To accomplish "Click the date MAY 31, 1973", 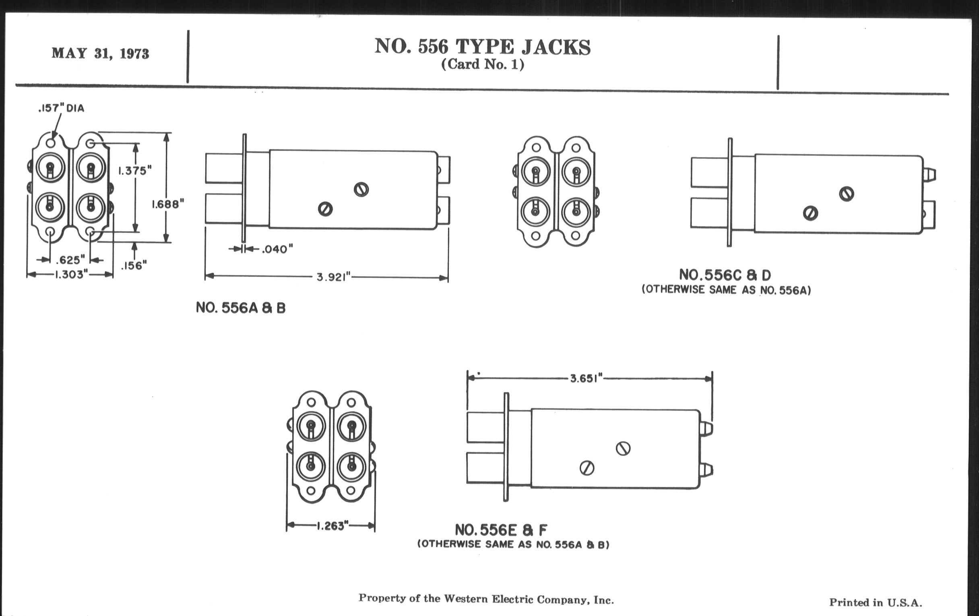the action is pos(100,53).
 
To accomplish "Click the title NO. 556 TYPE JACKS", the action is pos(482,47).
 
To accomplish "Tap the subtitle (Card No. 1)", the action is pos(483,64).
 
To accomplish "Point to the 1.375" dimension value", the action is pos(135,171).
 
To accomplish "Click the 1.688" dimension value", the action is pos(168,204).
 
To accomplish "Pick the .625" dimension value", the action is pos(70,260).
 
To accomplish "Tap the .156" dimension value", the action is pos(134,265).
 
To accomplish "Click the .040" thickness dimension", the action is pos(277,249).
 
